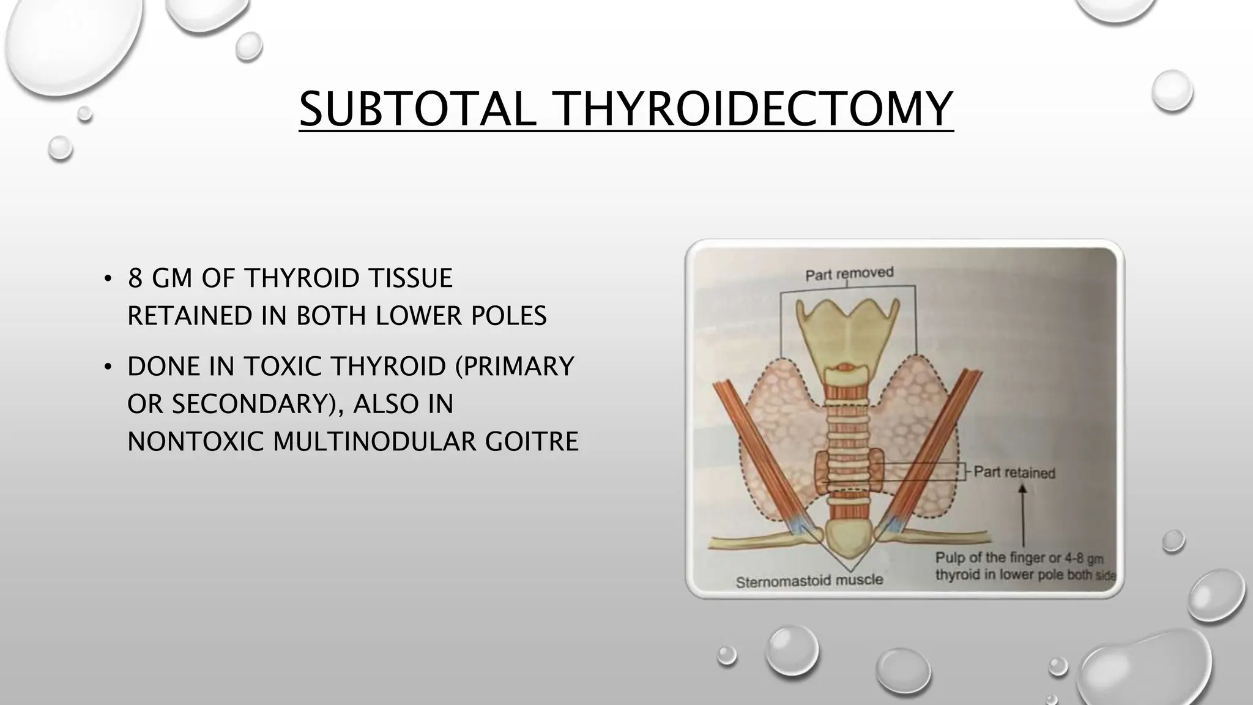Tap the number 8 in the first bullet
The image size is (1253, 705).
click(x=135, y=278)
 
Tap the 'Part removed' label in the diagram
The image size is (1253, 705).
click(x=849, y=274)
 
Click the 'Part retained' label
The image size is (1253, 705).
click(x=1014, y=472)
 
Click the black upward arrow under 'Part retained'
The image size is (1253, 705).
click(x=1022, y=514)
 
